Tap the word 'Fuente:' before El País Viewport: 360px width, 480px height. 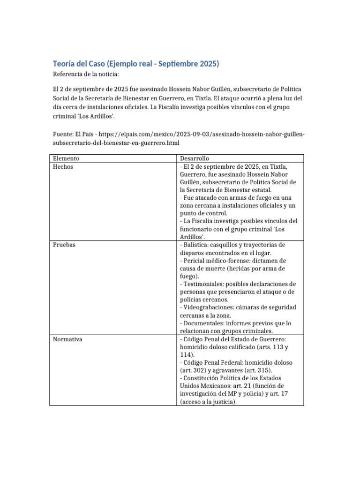coord(62,135)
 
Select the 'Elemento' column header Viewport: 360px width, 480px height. coord(66,158)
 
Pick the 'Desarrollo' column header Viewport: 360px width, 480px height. coord(194,158)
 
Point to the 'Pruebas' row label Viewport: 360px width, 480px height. coord(64,245)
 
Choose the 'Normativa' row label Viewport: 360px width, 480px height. coord(67,339)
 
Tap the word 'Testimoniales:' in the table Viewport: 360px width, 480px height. coord(204,284)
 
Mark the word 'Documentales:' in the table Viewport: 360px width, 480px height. coord(203,323)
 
